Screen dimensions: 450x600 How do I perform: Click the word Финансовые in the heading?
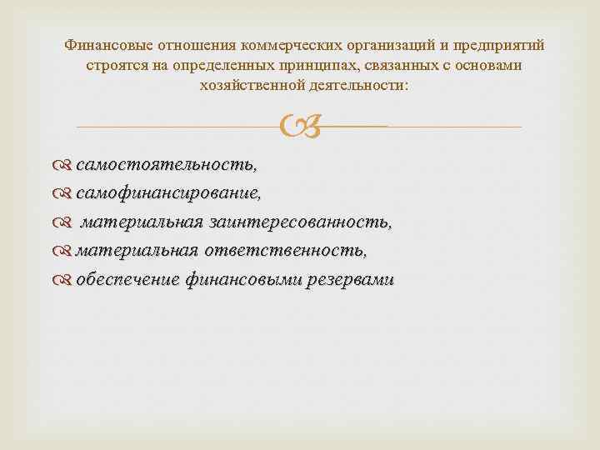pos(106,45)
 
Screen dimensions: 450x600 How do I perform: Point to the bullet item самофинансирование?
pos(168,194)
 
